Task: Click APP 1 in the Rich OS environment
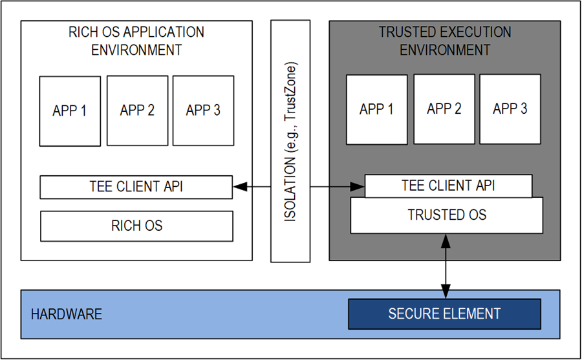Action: pos(70,111)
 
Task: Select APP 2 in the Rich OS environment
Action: pos(137,111)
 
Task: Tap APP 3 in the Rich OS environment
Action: pos(203,111)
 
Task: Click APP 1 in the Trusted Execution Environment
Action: pos(376,109)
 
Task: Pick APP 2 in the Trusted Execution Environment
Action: pos(444,109)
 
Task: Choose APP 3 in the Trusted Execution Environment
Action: pos(510,109)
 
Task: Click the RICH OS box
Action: pos(137,226)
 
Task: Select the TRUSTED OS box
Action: pos(446,215)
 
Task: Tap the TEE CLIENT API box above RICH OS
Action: pos(136,187)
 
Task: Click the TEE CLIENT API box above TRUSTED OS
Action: pos(448,186)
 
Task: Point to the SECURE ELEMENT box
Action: pos(444,314)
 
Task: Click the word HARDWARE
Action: pos(67,315)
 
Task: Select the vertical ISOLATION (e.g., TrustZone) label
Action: pos(290,142)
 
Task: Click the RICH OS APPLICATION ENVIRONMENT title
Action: pos(136,40)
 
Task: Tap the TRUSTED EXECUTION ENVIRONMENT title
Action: pos(445,41)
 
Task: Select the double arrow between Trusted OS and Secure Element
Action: pos(446,266)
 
